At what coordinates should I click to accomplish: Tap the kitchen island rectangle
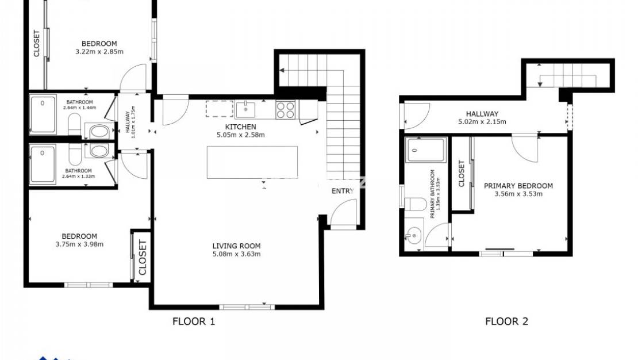pyautogui.click(x=252, y=162)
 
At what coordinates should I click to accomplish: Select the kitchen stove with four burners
pyautogui.click(x=286, y=109)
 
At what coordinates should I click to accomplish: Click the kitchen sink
pyautogui.click(x=245, y=109)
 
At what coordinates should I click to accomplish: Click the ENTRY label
pyautogui.click(x=343, y=191)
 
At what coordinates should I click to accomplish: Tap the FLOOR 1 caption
pyautogui.click(x=194, y=321)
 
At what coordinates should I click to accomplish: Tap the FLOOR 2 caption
pyautogui.click(x=506, y=321)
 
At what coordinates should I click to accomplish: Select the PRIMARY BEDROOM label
pyautogui.click(x=518, y=186)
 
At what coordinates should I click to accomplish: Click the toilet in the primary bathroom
pyautogui.click(x=414, y=205)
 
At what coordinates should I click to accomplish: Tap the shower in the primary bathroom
pyautogui.click(x=425, y=151)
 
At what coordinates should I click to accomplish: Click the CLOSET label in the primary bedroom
pyautogui.click(x=462, y=173)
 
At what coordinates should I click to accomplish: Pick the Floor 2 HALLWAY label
pyautogui.click(x=482, y=114)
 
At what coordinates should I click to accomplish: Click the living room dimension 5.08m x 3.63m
pyautogui.click(x=236, y=254)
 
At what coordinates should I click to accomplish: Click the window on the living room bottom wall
pyautogui.click(x=239, y=307)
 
